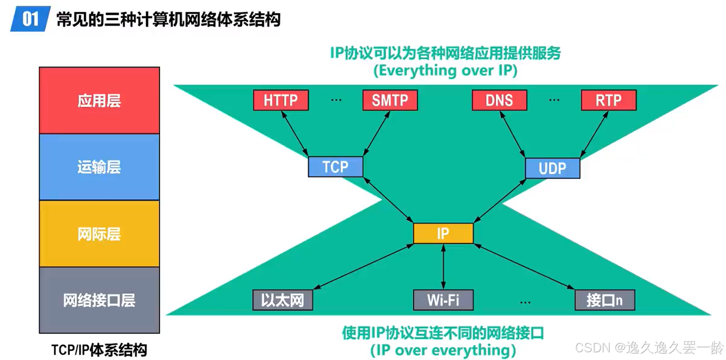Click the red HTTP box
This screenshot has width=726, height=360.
(281, 100)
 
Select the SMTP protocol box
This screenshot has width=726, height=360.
(390, 100)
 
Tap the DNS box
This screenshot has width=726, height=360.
(499, 100)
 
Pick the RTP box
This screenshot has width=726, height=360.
(608, 100)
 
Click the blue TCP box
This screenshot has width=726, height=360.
(335, 167)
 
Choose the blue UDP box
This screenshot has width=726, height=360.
(552, 168)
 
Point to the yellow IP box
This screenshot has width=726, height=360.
(443, 233)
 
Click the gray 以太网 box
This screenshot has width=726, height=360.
(282, 300)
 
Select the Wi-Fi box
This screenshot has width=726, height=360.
(443, 300)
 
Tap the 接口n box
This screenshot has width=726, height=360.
(604, 300)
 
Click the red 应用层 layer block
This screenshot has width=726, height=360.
(99, 101)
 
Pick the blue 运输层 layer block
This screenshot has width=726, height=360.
(99, 167)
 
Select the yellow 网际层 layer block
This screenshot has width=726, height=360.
(99, 234)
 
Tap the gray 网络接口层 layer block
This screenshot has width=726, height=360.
(99, 300)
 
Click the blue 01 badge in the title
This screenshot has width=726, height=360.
(30, 19)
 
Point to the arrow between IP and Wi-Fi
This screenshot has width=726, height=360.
(443, 267)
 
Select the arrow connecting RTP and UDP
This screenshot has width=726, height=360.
(594, 135)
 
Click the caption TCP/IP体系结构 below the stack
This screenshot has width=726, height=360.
(99, 350)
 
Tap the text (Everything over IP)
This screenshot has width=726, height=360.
(445, 71)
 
